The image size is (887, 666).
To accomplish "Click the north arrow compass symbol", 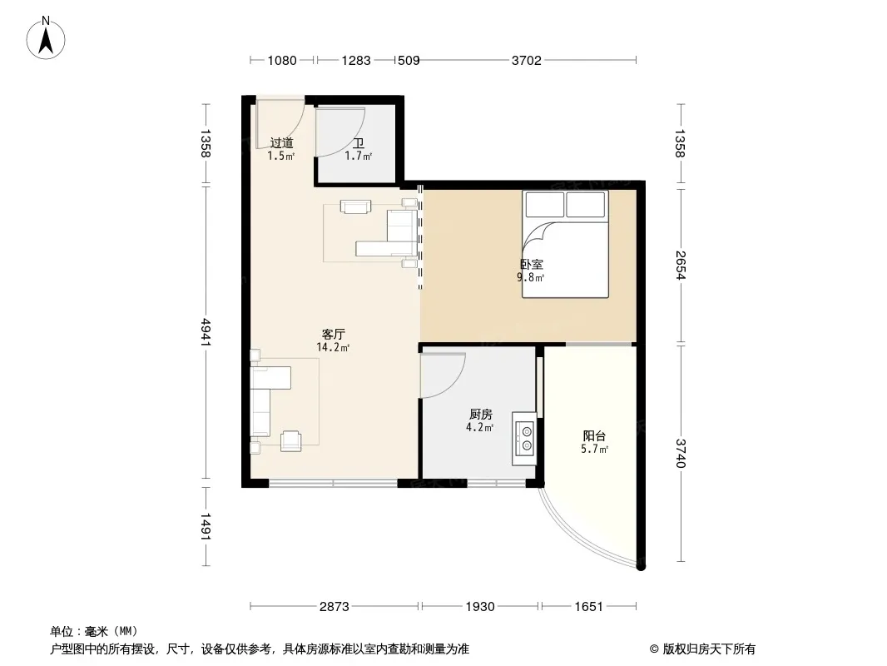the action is coord(46,38).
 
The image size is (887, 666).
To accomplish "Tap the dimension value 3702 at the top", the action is coord(526,61).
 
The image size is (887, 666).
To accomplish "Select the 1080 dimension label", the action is coord(282,61).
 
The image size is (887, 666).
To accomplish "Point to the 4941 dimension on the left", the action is coord(205,334).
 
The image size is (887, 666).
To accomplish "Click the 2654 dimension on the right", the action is coord(680,266).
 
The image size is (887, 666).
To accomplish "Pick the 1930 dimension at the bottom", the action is coord(480,607).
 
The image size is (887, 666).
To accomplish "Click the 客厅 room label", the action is coord(333,335).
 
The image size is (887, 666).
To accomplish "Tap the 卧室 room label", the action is coord(532,264).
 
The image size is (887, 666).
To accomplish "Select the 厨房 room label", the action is coord(480,415).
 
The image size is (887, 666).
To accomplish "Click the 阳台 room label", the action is coord(594,436).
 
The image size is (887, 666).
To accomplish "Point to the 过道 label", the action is coord(281,143).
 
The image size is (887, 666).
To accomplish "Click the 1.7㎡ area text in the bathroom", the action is coord(358,157).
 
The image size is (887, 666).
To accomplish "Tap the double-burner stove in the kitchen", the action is coord(524,439).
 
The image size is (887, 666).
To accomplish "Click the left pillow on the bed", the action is coord(545,204).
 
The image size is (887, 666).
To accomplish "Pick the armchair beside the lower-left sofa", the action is coord(290,440).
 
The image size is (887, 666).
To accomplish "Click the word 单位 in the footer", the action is coord(62,632).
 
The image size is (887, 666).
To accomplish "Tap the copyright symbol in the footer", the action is coord(654,649).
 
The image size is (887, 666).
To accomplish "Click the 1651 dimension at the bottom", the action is coord(588,607).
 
